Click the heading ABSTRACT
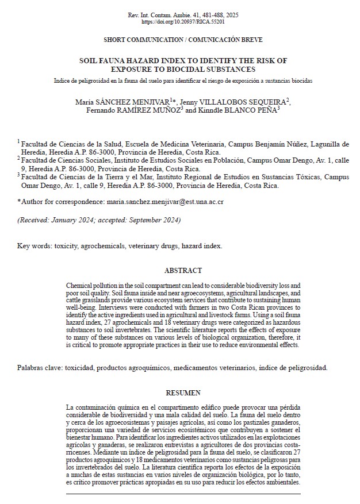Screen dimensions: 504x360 (x=183, y=270)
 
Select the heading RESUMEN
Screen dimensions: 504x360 (x=183, y=393)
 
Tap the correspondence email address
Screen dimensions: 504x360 (x=165, y=202)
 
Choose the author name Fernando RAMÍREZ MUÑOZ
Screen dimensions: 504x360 (x=132, y=110)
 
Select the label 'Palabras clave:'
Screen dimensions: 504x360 (x=40, y=367)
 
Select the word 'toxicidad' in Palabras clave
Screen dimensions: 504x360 (x=81, y=367)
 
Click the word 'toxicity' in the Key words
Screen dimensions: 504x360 (x=66, y=245)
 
